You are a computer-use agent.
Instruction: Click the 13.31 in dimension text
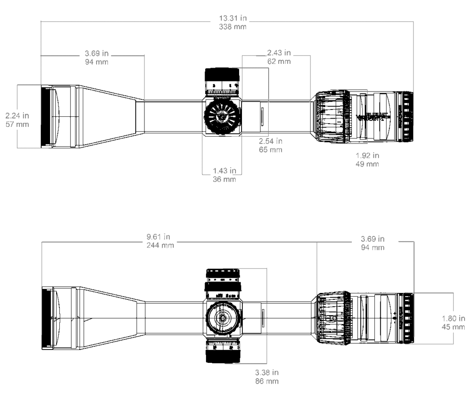pyautogui.click(x=233, y=18)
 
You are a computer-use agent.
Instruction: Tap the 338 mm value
pyautogui.click(x=233, y=27)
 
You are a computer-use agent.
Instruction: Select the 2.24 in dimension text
pyautogui.click(x=17, y=116)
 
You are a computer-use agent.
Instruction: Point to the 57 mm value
pyautogui.click(x=17, y=124)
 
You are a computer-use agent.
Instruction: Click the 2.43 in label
pyautogui.click(x=279, y=53)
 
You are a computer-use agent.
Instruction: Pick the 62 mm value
pyautogui.click(x=279, y=61)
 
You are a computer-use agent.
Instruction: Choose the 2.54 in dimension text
pyautogui.click(x=270, y=141)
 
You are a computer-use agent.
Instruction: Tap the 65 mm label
pyautogui.click(x=270, y=150)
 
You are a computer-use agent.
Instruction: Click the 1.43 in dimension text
pyautogui.click(x=224, y=171)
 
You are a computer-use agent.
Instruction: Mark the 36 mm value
pyautogui.click(x=224, y=179)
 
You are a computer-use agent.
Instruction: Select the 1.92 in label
pyautogui.click(x=367, y=155)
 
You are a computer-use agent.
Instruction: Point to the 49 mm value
pyautogui.click(x=367, y=164)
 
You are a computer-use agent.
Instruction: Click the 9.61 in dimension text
pyautogui.click(x=159, y=237)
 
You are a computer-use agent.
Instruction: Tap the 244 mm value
pyautogui.click(x=160, y=245)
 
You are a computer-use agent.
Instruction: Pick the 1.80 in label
pyautogui.click(x=454, y=319)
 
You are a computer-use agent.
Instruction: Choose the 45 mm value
pyautogui.click(x=454, y=327)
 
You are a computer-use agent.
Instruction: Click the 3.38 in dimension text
pyautogui.click(x=267, y=373)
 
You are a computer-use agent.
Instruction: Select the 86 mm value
pyautogui.click(x=267, y=381)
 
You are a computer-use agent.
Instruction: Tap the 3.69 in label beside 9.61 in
pyautogui.click(x=373, y=239)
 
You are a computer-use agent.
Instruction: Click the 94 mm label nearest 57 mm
pyautogui.click(x=97, y=62)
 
